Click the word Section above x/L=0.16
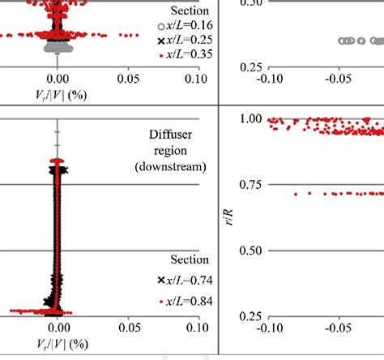tap(189, 11)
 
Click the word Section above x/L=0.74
tap(189, 260)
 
